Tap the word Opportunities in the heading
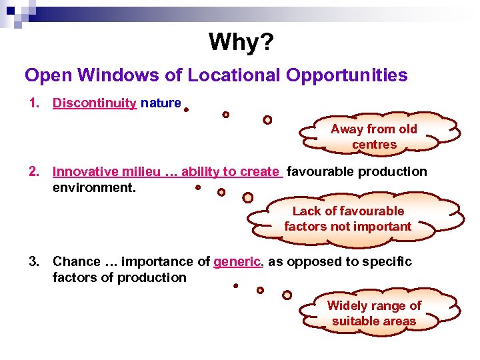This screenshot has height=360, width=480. [347, 75]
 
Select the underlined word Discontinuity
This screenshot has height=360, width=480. [95, 103]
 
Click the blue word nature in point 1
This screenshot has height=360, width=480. [161, 103]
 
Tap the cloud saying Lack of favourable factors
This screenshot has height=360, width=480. [348, 219]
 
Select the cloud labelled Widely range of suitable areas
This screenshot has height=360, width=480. [374, 313]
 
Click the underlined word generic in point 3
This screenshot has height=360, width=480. [237, 262]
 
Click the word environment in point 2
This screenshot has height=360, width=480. [93, 187]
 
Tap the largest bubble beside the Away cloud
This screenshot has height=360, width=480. [267, 120]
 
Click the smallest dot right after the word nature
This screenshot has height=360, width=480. [186, 110]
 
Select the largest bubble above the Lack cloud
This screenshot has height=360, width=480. [247, 197]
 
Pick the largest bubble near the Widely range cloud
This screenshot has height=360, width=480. [287, 295]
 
